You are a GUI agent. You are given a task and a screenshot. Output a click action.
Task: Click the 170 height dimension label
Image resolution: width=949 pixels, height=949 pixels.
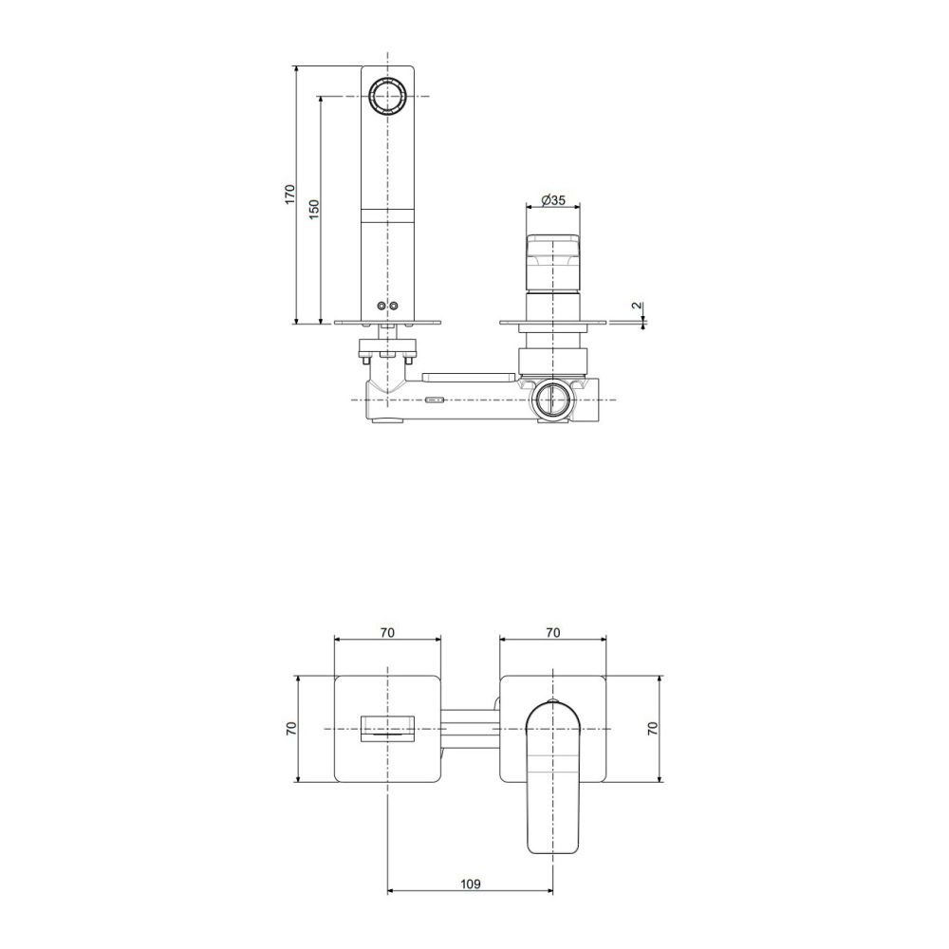pyautogui.click(x=290, y=194)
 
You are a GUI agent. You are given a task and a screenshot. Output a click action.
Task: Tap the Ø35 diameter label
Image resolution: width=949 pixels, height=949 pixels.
pyautogui.click(x=553, y=199)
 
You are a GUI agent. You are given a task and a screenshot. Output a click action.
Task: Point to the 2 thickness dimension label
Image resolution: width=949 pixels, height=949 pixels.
pyautogui.click(x=636, y=306)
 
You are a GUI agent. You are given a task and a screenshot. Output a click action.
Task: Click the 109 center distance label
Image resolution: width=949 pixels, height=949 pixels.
pyautogui.click(x=471, y=884)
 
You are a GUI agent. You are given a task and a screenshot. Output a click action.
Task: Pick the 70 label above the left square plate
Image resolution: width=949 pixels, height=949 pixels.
pyautogui.click(x=387, y=632)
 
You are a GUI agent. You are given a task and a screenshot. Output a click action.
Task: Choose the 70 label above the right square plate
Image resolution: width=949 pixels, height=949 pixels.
pyautogui.click(x=552, y=632)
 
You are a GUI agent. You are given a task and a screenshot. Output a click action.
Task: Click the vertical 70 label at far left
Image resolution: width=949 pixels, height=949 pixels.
pyautogui.click(x=290, y=728)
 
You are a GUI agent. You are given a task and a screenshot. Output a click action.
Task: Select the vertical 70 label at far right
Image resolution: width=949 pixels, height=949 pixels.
pyautogui.click(x=652, y=728)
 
